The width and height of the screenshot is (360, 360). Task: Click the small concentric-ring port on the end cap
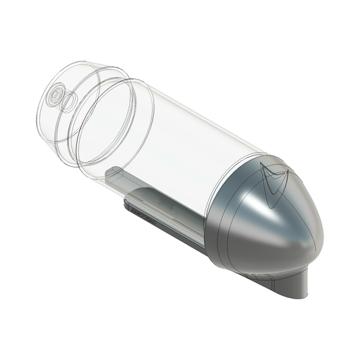click(x=54, y=96)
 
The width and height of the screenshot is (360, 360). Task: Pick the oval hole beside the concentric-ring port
click(x=68, y=103)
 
